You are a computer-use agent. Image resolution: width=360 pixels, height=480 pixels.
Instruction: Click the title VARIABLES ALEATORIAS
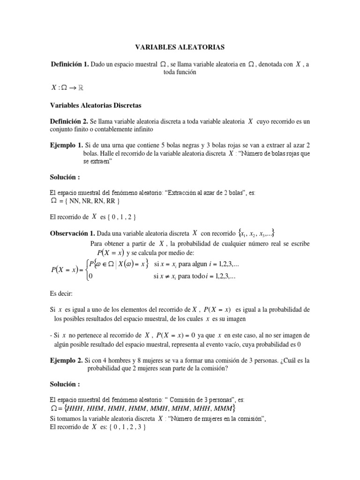(180, 47)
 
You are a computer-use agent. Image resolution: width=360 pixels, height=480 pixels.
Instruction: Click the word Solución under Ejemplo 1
(65, 178)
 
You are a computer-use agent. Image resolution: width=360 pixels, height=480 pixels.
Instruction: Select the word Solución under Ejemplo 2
(65, 384)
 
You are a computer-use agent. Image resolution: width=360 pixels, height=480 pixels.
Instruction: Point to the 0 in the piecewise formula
(90, 277)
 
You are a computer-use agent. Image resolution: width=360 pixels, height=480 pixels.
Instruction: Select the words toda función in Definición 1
(180, 73)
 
